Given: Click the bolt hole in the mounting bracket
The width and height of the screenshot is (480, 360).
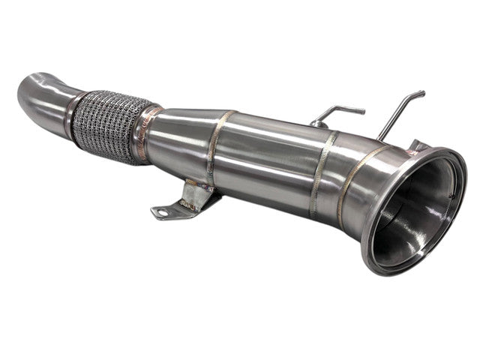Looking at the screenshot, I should (161, 212).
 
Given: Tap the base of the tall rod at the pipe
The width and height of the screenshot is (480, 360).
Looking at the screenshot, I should (382, 137).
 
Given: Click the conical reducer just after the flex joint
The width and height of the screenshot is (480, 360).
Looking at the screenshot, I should (180, 139).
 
